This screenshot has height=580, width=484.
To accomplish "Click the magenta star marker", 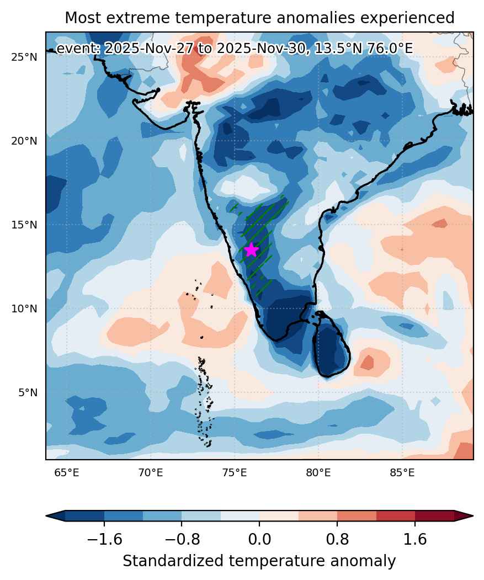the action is click(x=251, y=249).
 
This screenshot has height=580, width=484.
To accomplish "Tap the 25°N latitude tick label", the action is click(x=24, y=57).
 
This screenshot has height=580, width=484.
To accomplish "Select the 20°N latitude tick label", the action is click(x=24, y=141).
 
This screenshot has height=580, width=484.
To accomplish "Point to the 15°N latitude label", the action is click(x=24, y=225).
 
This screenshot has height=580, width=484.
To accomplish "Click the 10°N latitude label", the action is click(x=24, y=308).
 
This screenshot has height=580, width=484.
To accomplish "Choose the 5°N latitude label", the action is click(x=28, y=392).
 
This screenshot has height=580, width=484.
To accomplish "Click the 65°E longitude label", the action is click(x=67, y=472).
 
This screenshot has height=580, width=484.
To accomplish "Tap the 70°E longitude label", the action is click(x=151, y=472).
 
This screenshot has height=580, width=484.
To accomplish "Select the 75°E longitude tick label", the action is click(x=235, y=472).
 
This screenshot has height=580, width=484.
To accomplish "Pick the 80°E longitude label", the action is click(x=318, y=472).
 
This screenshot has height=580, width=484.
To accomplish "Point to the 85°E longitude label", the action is click(x=402, y=472).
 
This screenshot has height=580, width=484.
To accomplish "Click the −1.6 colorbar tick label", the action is click(x=104, y=539).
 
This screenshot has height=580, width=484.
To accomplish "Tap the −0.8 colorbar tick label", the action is click(x=182, y=539).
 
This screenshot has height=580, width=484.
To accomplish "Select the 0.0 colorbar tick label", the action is click(x=259, y=539).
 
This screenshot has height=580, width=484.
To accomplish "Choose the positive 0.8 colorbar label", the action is click(x=337, y=539).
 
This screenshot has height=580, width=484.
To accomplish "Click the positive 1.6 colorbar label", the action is click(x=415, y=539).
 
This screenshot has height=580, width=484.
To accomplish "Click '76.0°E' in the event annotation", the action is click(x=390, y=49).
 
